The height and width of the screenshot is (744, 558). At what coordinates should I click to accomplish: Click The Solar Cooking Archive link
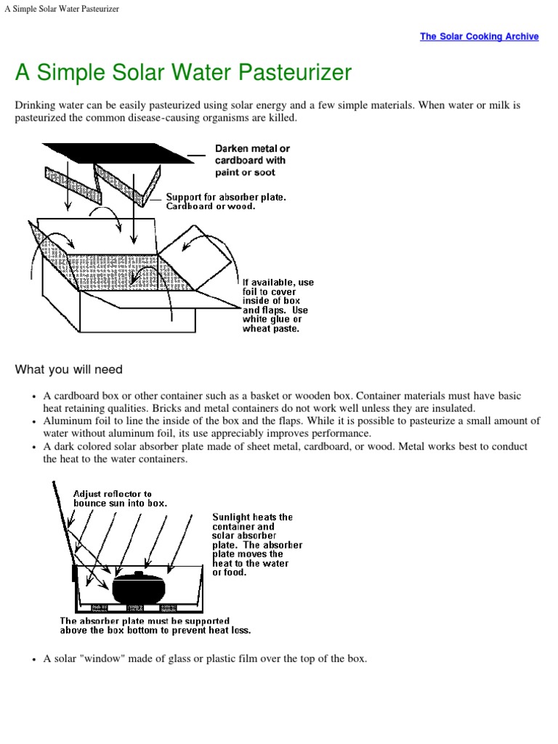(479, 36)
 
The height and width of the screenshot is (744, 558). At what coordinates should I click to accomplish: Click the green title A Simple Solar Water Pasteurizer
(183, 73)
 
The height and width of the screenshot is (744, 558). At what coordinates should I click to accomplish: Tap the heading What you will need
(69, 370)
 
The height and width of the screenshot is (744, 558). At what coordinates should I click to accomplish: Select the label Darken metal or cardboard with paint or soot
(251, 161)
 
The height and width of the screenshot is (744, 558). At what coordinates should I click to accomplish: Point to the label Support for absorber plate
(226, 197)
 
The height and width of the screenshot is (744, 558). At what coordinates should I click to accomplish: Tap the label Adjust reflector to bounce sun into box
(120, 498)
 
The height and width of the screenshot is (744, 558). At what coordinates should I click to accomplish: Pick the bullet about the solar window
(205, 659)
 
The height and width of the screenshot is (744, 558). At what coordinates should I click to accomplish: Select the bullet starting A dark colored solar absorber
(285, 453)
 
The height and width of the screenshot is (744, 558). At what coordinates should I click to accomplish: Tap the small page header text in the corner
(62, 9)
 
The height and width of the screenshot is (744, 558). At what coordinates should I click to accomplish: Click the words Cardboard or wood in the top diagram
(211, 206)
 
